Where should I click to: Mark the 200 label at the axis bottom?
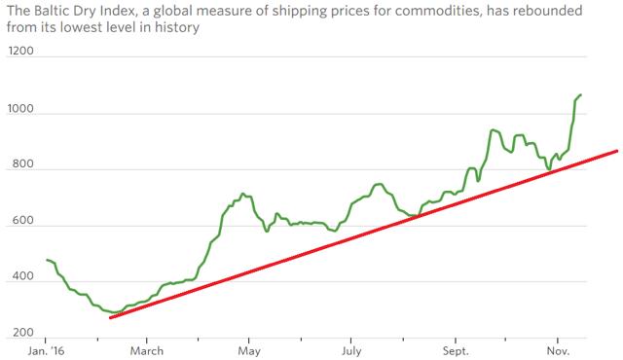pyautogui.click(x=18, y=334)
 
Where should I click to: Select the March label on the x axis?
pyautogui.click(x=147, y=350)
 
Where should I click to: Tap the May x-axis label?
pyautogui.click(x=249, y=350)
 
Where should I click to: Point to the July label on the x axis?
pyautogui.click(x=352, y=350)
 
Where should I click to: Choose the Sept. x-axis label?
pyautogui.click(x=456, y=350)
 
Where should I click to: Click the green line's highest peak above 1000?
pyautogui.click(x=581, y=95)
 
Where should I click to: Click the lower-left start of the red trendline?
pyautogui.click(x=111, y=317)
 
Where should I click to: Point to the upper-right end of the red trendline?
pyautogui.click(x=616, y=151)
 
